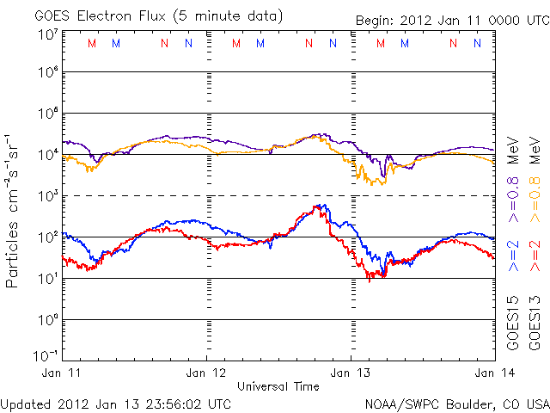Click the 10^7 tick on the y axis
pos(47,34)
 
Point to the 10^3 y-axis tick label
pos(47,196)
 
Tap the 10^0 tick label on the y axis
pos(47,320)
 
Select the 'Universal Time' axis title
pos(278,385)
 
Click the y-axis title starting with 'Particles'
pos(14,212)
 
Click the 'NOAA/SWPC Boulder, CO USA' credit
pos(456,402)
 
